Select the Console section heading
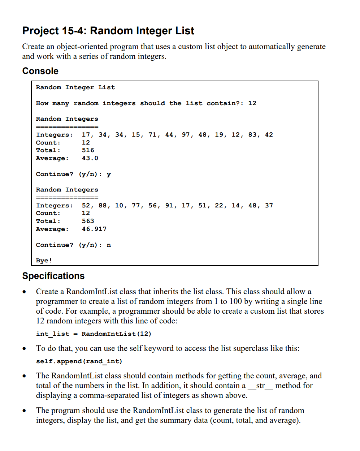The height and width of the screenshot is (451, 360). (40, 71)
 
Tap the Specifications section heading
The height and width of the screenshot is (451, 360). (53, 276)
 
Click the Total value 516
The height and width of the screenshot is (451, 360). (88, 150)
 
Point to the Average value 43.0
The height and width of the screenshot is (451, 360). (90, 158)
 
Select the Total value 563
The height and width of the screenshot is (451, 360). (88, 221)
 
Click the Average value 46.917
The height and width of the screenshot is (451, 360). (94, 229)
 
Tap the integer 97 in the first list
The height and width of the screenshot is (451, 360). (186, 134)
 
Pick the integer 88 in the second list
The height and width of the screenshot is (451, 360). (103, 205)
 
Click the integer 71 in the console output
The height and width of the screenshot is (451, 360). (152, 134)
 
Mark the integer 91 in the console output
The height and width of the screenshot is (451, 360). (169, 205)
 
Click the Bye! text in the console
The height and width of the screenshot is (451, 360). (44, 260)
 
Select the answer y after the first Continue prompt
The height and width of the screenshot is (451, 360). (109, 174)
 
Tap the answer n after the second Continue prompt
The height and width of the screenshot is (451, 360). (109, 245)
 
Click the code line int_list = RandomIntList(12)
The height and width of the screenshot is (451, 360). (94, 334)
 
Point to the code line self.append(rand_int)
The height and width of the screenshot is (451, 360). (79, 361)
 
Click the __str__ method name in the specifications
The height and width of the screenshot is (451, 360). (260, 386)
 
